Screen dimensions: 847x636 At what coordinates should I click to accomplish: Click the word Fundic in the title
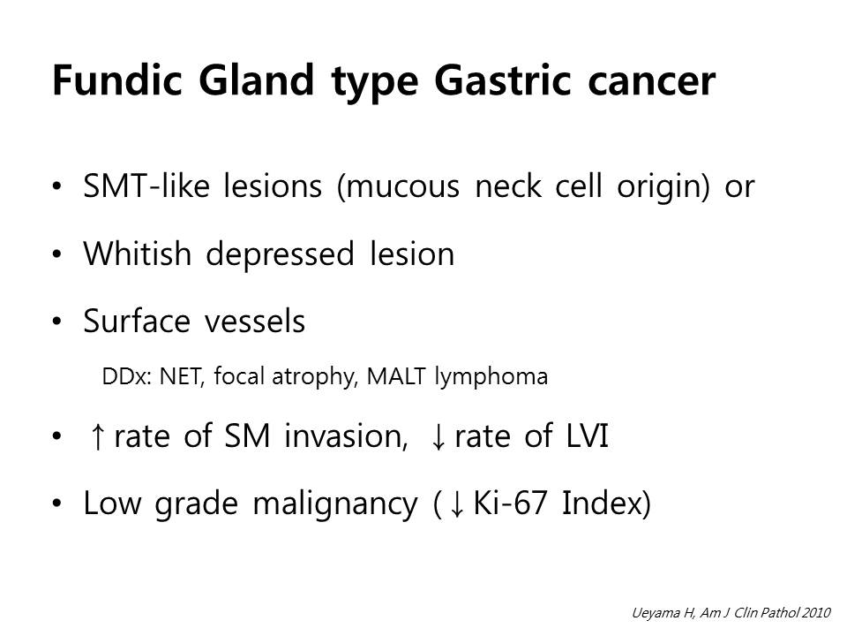click(x=117, y=80)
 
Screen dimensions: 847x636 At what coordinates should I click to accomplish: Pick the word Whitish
click(x=138, y=254)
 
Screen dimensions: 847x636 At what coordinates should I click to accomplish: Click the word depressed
click(x=280, y=254)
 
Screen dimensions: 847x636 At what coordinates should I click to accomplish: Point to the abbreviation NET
click(x=180, y=376)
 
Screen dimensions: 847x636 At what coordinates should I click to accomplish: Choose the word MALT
click(x=396, y=376)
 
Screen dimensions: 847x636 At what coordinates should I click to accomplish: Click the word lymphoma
click(x=491, y=377)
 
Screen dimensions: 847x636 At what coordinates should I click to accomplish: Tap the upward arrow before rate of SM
click(x=97, y=435)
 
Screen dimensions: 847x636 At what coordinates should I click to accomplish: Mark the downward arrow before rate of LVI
click(x=438, y=435)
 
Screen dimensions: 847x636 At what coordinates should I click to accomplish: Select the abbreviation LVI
click(x=588, y=435)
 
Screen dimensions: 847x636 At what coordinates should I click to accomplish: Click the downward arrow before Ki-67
click(x=457, y=503)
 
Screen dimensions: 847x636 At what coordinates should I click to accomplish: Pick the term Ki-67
click(x=510, y=503)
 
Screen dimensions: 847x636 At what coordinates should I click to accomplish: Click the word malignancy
click(x=335, y=504)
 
